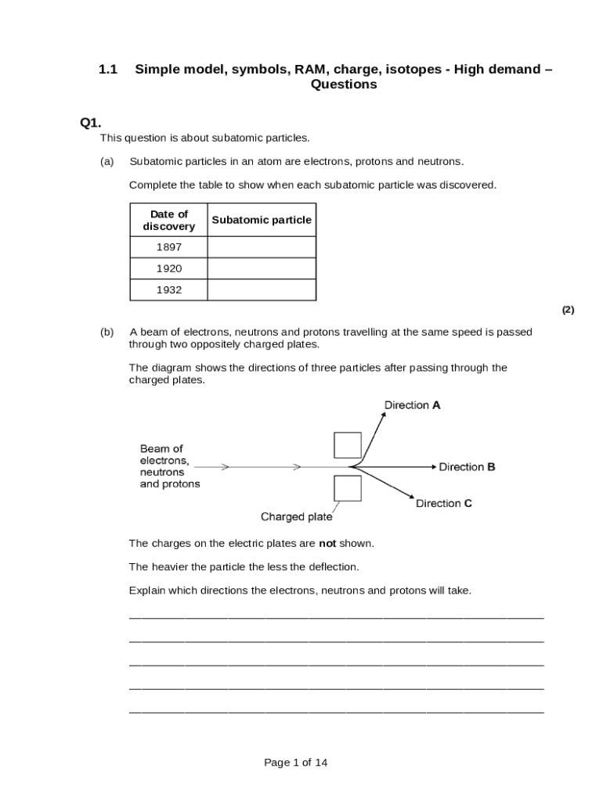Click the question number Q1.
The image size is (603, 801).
tap(91, 122)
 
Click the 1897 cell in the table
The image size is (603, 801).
tap(168, 247)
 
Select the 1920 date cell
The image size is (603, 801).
tap(168, 268)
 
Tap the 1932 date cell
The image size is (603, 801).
tap(168, 289)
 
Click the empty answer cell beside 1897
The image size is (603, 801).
tap(262, 247)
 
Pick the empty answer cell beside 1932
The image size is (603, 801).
tap(262, 289)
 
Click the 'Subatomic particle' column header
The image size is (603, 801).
tap(262, 220)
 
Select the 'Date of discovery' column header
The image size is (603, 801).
tap(168, 220)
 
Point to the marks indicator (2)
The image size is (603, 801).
tap(568, 310)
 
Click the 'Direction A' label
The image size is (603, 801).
tap(412, 405)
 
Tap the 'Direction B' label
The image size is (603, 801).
tap(467, 467)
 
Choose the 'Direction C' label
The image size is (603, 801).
tap(443, 504)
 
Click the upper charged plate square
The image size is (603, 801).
tap(348, 445)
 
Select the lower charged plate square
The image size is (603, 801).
tap(348, 488)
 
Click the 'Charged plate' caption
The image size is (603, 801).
tap(296, 517)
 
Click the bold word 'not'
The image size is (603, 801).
tap(327, 543)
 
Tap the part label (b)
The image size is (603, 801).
tap(107, 332)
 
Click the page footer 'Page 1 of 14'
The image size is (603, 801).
tap(296, 763)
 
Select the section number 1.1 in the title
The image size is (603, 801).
tap(107, 70)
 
